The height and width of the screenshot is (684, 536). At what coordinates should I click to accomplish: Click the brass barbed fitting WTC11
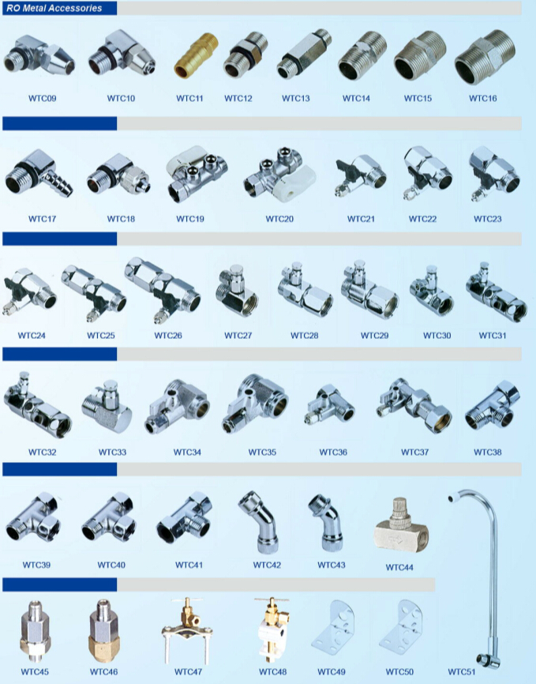click(x=196, y=55)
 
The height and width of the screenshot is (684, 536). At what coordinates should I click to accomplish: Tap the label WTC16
click(x=483, y=98)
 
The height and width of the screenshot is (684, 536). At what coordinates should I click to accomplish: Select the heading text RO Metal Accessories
click(x=54, y=8)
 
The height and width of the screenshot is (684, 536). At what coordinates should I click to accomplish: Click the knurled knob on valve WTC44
click(x=399, y=510)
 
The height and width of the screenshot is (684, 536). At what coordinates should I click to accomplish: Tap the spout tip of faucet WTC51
click(x=452, y=497)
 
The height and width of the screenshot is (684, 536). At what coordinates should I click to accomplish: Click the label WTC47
click(x=188, y=672)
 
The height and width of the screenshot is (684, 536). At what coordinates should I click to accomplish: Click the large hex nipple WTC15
click(x=419, y=55)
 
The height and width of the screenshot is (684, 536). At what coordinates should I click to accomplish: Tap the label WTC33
click(x=112, y=452)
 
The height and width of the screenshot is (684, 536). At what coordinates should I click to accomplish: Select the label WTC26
click(x=168, y=336)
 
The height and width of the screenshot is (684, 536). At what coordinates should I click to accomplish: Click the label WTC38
click(x=488, y=452)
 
